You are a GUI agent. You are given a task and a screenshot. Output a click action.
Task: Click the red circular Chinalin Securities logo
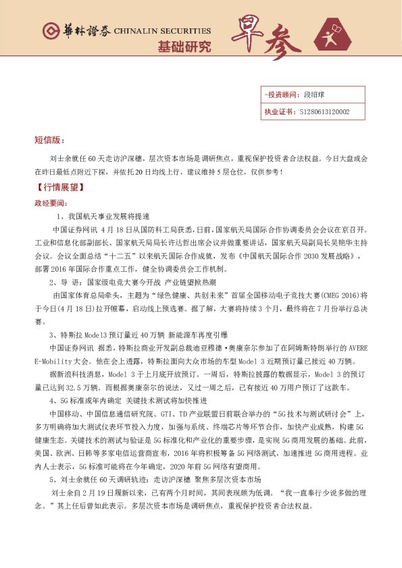click(x=49, y=31)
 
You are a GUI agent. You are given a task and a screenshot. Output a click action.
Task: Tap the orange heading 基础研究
click(x=184, y=47)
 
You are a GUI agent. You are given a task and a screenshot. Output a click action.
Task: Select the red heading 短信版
click(x=49, y=140)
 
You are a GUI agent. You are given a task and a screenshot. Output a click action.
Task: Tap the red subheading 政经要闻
click(x=51, y=202)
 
